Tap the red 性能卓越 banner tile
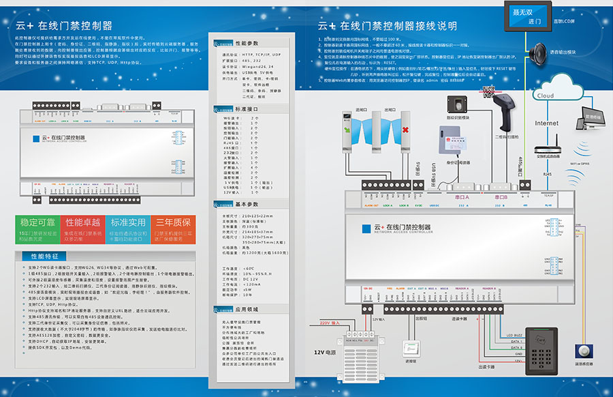[83, 230]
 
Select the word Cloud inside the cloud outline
[546, 95]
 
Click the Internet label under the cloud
[546, 123]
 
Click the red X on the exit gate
[405, 129]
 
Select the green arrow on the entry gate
[348, 129]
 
